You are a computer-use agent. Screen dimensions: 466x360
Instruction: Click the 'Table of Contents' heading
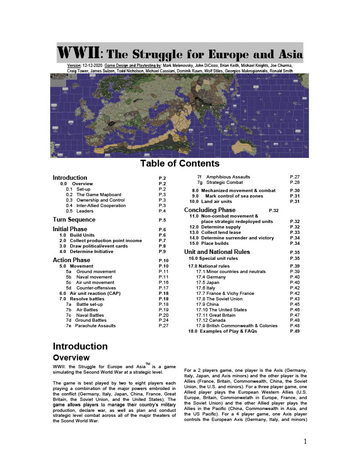180,163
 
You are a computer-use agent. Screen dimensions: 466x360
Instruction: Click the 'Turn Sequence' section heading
74,220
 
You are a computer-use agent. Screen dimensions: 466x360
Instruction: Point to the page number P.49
294,331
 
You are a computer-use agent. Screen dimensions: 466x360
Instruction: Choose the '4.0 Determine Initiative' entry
94,251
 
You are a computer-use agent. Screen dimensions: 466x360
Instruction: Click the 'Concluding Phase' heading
210,210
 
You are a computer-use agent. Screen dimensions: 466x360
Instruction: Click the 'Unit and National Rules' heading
217,252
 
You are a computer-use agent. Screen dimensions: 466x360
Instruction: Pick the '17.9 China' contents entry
209,304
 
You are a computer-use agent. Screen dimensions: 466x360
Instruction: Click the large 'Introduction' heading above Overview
80,346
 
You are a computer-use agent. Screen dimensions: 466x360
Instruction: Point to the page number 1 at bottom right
305,441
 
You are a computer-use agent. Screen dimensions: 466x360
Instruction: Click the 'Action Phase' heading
71,260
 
